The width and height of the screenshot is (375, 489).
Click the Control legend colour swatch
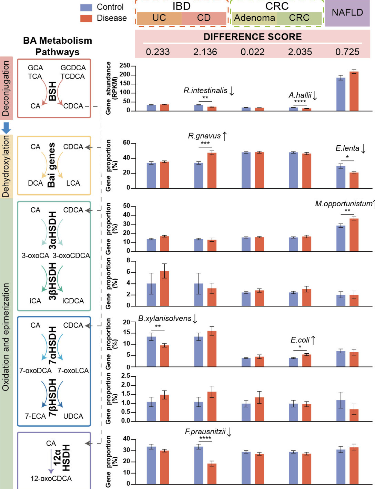tap(86, 7)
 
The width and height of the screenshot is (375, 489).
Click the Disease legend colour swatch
tap(86, 18)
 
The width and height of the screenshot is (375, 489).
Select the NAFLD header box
tap(347, 13)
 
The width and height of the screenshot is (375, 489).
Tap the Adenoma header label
tap(255, 18)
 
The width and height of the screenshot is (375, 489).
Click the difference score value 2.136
tap(205, 52)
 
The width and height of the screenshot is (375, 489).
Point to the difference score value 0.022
tap(252, 52)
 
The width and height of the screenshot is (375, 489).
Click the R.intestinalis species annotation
tap(205, 91)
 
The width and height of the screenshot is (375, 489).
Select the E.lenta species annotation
tap(347, 148)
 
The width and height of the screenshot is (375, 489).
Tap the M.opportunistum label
tap(344, 204)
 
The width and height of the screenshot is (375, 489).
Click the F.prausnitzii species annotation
tap(205, 431)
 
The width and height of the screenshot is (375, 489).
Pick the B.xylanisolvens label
tap(165, 319)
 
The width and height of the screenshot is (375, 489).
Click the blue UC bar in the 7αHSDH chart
tap(151, 352)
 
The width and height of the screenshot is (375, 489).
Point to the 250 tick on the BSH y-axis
tap(125, 65)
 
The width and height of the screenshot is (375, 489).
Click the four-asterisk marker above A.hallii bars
tap(300, 102)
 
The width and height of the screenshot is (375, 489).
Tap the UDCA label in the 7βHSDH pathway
tap(73, 416)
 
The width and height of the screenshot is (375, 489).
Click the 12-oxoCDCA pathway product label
tap(51, 479)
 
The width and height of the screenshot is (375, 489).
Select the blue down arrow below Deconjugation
tap(6, 128)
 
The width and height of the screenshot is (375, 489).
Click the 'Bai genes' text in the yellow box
tap(51, 165)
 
